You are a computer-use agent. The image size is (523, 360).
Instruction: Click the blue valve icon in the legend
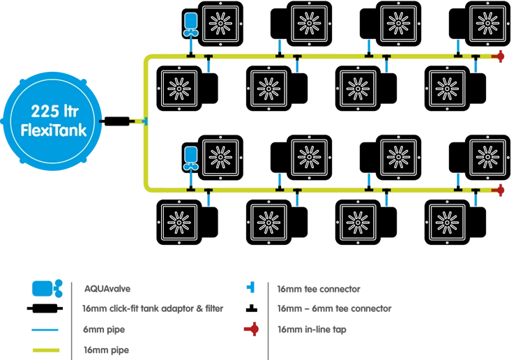click(x=46, y=288)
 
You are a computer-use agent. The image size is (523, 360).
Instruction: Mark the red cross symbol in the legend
click(x=252, y=328)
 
